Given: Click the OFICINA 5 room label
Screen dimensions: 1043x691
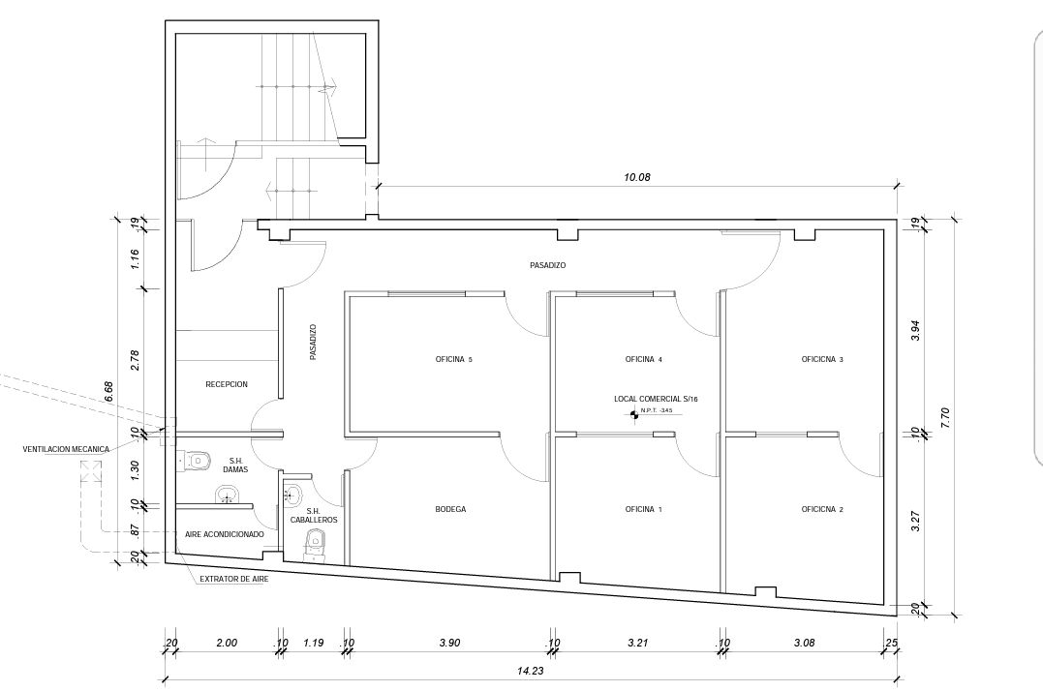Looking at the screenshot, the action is (x=453, y=359).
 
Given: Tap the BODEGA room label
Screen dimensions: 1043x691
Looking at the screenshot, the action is (x=450, y=510).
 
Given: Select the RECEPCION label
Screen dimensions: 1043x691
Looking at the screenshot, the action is (x=227, y=385).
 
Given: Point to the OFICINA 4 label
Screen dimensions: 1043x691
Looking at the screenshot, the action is (x=643, y=359).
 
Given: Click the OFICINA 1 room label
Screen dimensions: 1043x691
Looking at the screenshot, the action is (x=643, y=510).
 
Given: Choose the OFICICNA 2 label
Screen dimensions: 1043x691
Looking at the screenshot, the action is (x=822, y=510).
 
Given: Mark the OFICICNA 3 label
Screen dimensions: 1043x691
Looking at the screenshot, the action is (x=822, y=359).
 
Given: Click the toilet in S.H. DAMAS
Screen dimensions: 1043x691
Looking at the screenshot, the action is (x=196, y=459).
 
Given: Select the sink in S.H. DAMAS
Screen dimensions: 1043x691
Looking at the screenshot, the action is (x=228, y=495).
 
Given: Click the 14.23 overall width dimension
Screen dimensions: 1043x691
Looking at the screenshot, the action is (x=530, y=671).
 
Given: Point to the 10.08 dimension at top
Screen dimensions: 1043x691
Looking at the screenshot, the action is (x=636, y=177).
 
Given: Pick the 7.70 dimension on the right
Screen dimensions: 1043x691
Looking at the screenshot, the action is (x=946, y=417).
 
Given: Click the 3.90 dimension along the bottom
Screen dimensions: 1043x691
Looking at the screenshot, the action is (x=449, y=643).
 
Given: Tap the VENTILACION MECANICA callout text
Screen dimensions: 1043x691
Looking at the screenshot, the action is (x=66, y=450).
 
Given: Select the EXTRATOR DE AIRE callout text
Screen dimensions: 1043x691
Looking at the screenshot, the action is (x=234, y=580).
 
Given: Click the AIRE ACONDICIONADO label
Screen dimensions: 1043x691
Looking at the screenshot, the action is (x=224, y=535).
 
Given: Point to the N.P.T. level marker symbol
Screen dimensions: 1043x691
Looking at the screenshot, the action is (x=634, y=415).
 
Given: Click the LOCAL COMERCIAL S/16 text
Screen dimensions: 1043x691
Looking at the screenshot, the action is (x=656, y=400).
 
